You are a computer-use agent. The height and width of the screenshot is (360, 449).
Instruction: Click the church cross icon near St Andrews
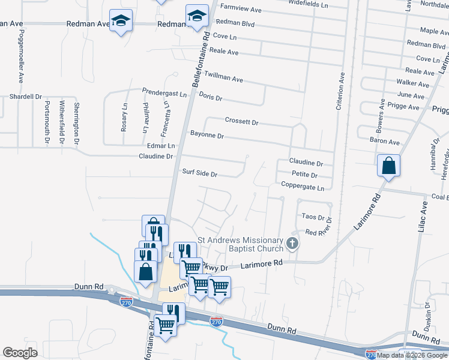point(292,244)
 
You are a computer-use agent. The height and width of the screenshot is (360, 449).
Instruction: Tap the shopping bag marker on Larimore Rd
point(388,165)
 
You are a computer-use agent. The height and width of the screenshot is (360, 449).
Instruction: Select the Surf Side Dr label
point(199,174)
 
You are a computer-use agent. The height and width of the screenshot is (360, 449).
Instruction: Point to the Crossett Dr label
point(241,121)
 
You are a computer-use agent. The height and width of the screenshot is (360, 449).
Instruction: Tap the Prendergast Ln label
point(164,94)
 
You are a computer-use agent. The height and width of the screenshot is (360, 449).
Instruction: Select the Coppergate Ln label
point(302,187)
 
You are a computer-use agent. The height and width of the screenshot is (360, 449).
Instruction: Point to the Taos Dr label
point(313,218)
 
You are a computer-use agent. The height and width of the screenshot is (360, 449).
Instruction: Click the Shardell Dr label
point(25,96)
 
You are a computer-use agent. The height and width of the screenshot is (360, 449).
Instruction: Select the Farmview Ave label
point(241,10)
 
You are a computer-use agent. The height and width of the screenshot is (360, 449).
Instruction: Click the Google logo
point(20,352)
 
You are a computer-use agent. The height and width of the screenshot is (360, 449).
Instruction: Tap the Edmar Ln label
point(160,146)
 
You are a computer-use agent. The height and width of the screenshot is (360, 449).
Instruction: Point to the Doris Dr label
point(210,97)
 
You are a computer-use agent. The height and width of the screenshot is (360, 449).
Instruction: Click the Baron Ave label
point(385,142)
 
